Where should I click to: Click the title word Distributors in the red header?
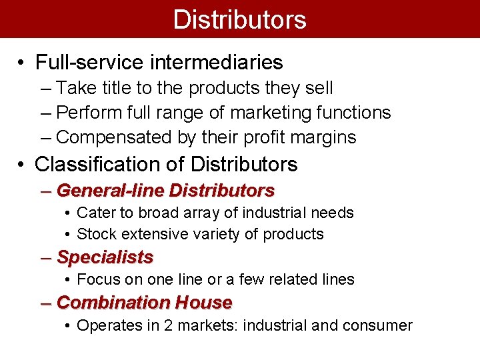pyautogui.click(x=239, y=19)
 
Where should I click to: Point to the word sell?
pyautogui.click(x=319, y=88)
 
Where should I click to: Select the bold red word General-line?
pyautogui.click(x=111, y=191)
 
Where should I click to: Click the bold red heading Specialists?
pyautogui.click(x=105, y=257)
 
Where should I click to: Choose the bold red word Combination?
pyautogui.click(x=113, y=303)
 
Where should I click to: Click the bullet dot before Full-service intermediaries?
pyautogui.click(x=22, y=63)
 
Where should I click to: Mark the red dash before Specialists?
pyautogui.click(x=45, y=257)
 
